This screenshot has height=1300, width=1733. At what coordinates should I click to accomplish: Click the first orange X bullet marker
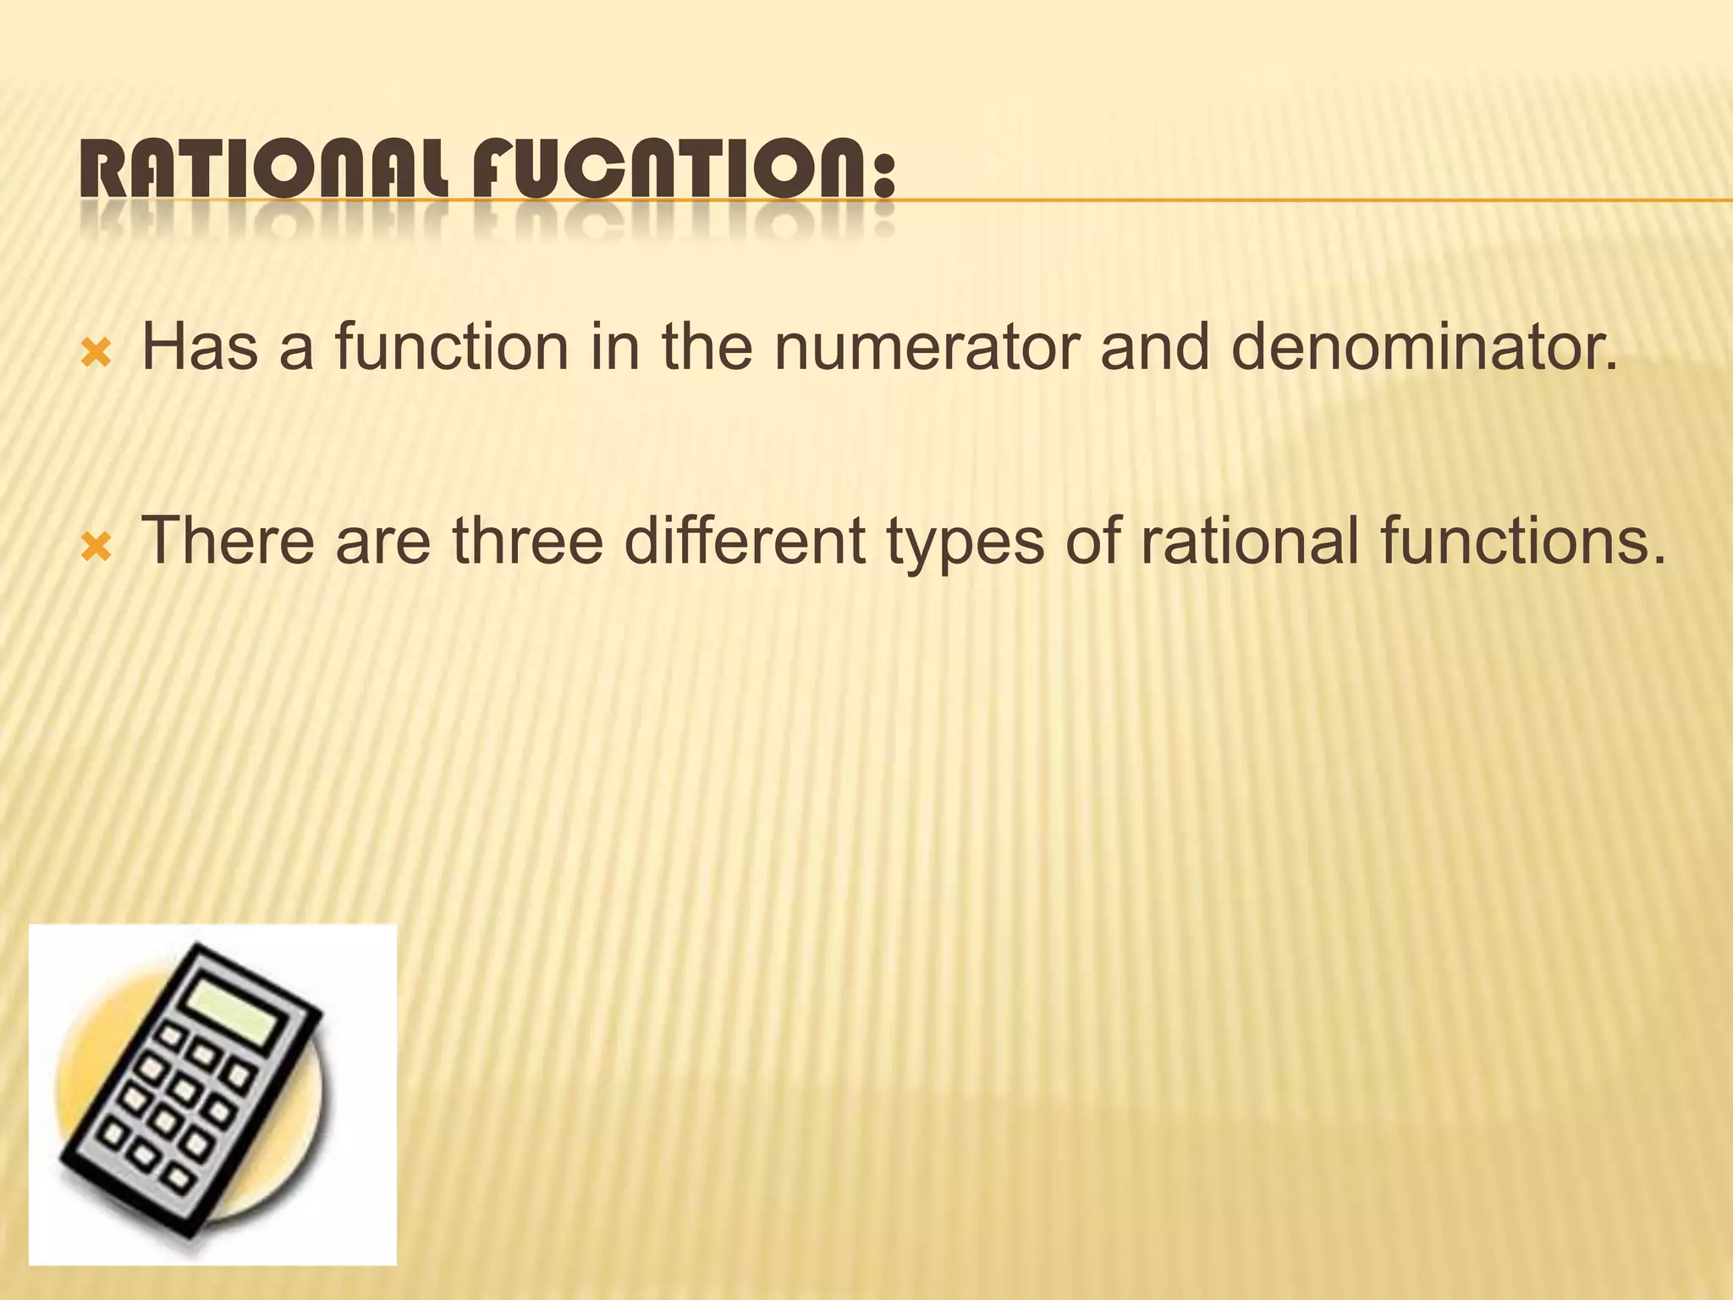(96, 354)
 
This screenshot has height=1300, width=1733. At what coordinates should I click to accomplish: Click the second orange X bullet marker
(96, 548)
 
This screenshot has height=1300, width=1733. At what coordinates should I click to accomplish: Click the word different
(745, 541)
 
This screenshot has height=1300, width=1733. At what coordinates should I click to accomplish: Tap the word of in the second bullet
(1092, 541)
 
